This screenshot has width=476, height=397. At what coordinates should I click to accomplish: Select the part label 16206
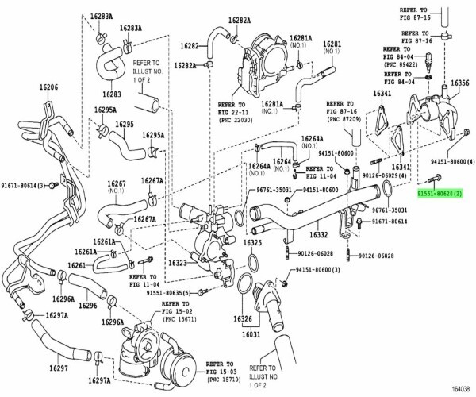pos(48,87)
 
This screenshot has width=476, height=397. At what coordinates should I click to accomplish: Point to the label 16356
pos(459,83)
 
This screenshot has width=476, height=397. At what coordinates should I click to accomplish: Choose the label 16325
pos(252,243)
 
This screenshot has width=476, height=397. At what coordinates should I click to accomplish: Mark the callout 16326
pos(242,319)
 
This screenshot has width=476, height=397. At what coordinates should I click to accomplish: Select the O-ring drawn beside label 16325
pos(248,261)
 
